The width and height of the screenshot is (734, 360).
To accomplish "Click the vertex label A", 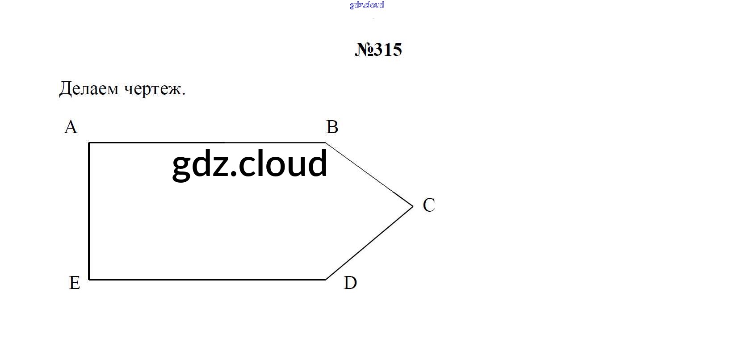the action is [x=71, y=127].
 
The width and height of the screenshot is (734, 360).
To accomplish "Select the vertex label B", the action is [x=332, y=127].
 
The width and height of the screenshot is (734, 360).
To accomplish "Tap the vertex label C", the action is [x=429, y=205].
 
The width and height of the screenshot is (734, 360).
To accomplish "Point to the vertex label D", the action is [x=350, y=283].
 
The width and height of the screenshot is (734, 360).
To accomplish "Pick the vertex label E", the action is [x=75, y=283].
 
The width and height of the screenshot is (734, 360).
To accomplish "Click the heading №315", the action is [x=378, y=50].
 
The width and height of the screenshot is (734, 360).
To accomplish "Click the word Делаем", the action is [x=89, y=88].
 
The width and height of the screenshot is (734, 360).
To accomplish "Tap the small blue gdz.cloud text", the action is [x=367, y=5].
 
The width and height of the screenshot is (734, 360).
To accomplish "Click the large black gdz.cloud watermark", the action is [x=250, y=164].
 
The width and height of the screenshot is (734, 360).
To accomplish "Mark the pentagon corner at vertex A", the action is [x=89, y=143].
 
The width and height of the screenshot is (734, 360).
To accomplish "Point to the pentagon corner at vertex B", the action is [x=325, y=143].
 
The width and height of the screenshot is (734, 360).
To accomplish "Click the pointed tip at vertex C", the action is [x=413, y=206].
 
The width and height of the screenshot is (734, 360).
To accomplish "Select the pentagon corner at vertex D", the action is [x=325, y=280].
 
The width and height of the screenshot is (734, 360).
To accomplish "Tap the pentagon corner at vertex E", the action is [x=89, y=280].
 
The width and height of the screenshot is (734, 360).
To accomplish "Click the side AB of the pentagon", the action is [x=207, y=143].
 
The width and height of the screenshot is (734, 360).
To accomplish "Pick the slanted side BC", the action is [x=369, y=175].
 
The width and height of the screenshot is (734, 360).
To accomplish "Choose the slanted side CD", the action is [x=369, y=243].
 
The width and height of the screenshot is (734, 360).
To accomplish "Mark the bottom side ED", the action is [x=207, y=280].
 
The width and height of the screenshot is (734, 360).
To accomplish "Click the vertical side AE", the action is [x=89, y=211].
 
